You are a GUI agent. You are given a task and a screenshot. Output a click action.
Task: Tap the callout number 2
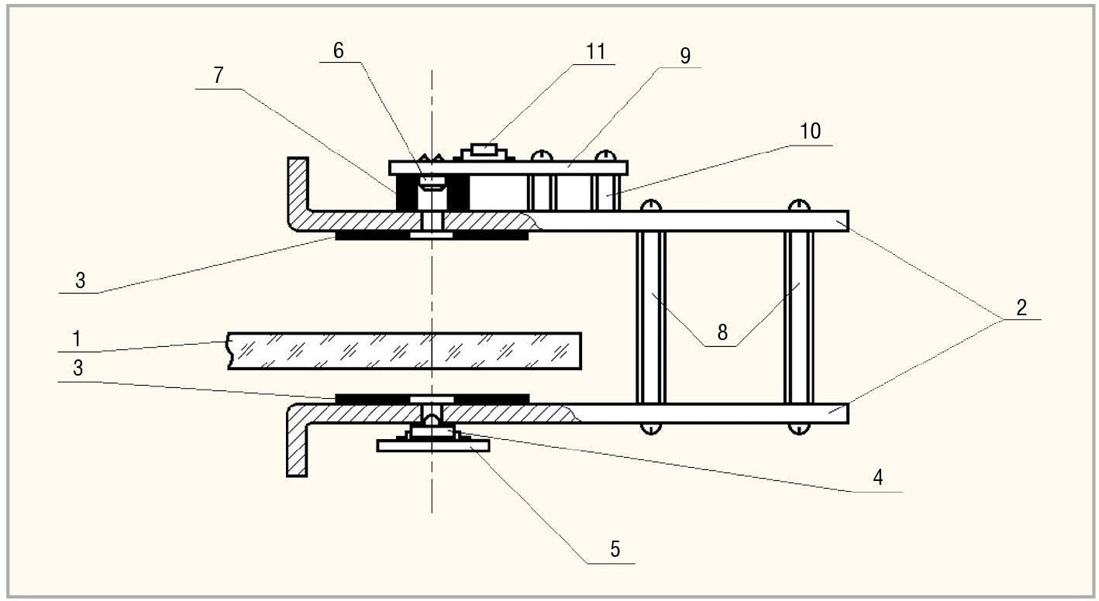pos(1021,307)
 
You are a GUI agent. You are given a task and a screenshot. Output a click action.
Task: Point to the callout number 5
pos(614,549)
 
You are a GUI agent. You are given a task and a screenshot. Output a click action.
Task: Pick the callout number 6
pos(337,50)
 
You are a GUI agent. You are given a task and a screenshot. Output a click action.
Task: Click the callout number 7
pos(219,75)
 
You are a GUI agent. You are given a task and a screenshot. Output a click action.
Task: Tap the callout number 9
pos(684,55)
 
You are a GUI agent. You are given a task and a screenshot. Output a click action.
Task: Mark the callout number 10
pos(810,131)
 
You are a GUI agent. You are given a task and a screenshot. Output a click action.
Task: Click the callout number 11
pos(595,52)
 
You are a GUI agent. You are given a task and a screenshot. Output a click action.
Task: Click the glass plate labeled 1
pos(403,351)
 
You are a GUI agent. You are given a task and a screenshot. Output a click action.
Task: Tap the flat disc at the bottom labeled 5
pos(432,445)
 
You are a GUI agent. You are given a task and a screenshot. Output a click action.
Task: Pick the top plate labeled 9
pos(508,167)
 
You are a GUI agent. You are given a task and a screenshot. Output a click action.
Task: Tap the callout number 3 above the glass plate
pos(79,280)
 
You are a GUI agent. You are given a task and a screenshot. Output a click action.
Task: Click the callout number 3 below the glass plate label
pos(79,369)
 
